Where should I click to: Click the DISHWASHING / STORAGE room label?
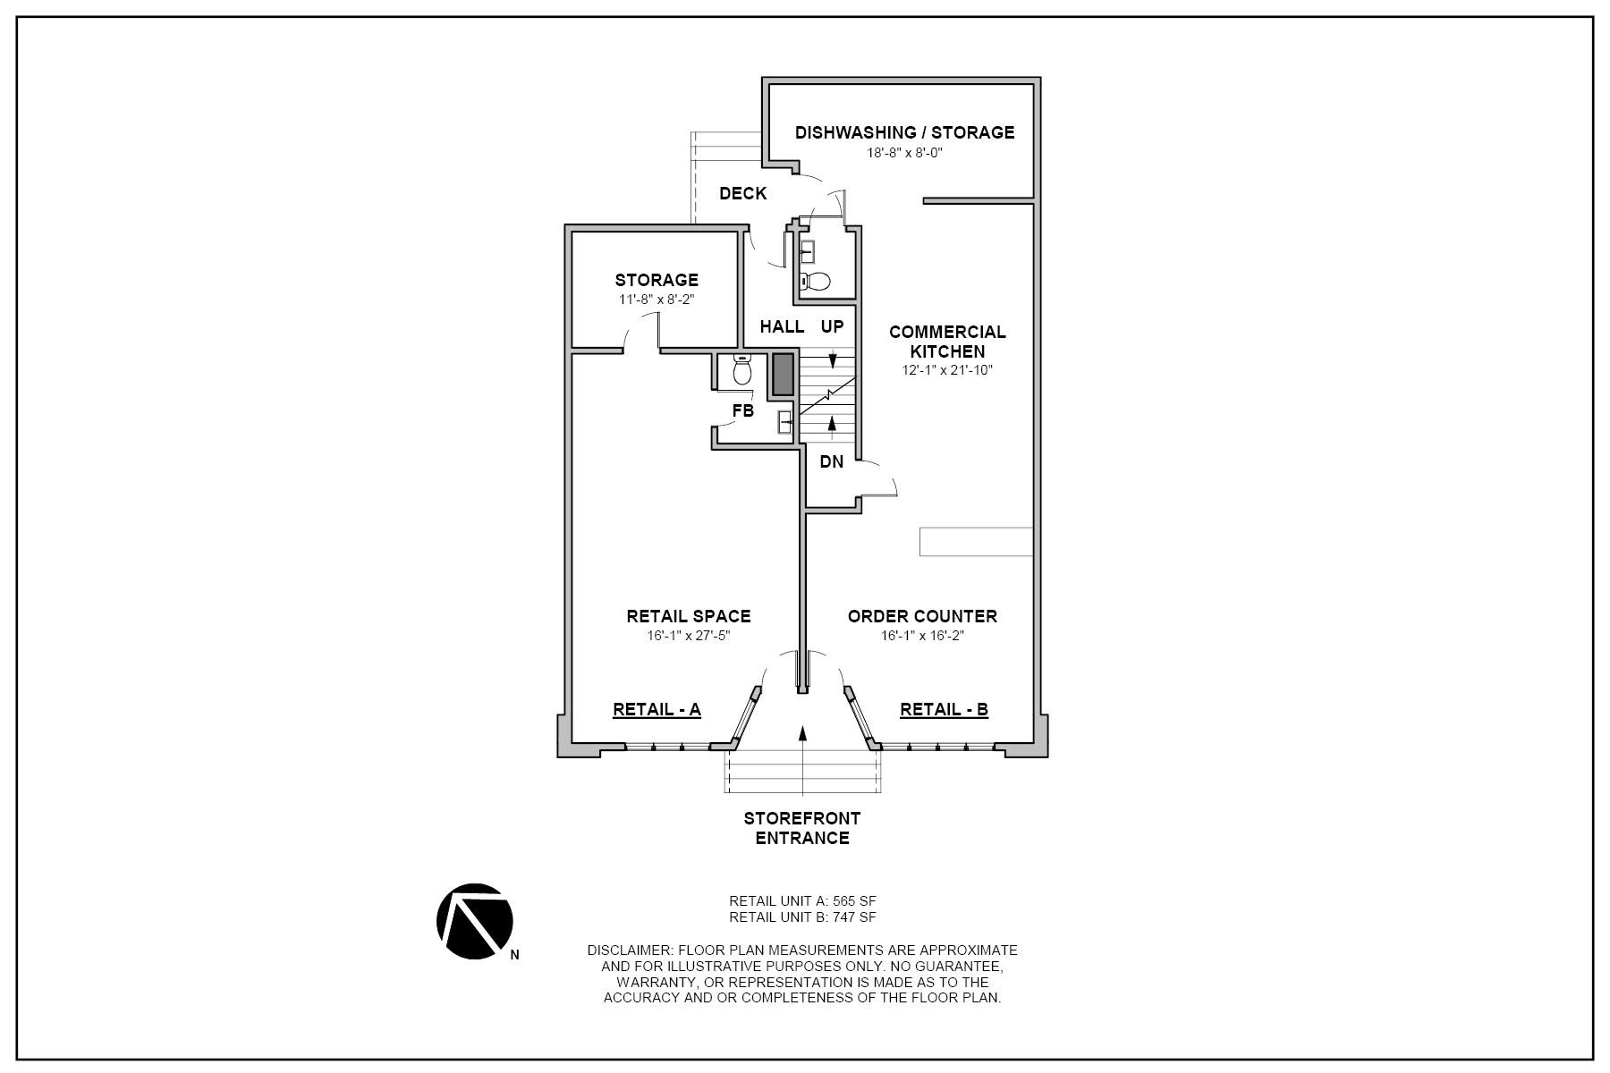point(904,132)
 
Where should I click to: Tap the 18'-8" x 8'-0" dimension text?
point(904,153)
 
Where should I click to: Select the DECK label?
point(742,193)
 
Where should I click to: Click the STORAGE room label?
point(657,280)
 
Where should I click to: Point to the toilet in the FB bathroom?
point(741,370)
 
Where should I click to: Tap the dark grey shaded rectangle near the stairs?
point(783,375)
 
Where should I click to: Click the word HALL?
point(782,326)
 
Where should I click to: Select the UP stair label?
point(832,326)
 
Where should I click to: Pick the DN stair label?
point(831,462)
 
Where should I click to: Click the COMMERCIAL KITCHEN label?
point(947,342)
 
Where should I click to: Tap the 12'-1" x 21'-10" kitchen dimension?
point(947,370)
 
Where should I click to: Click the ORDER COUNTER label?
point(922,616)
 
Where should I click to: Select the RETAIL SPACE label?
point(688,616)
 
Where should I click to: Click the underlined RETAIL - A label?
point(657,710)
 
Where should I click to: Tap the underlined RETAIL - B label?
point(944,710)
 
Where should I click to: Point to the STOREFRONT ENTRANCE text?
point(802,828)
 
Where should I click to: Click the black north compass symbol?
point(474,921)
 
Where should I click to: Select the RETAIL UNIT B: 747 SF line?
point(802,917)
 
